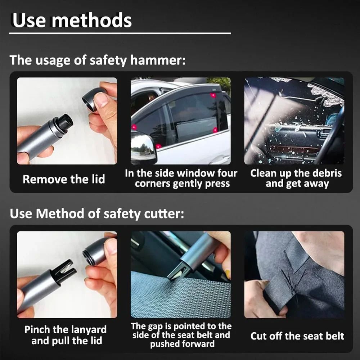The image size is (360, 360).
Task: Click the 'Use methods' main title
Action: click(x=72, y=20)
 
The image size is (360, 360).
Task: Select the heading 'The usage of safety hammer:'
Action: click(x=98, y=60)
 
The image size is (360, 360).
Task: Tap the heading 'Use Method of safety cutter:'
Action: click(x=97, y=213)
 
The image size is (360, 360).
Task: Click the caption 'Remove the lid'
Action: click(x=64, y=179)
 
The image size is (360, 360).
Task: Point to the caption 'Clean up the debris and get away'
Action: click(x=296, y=178)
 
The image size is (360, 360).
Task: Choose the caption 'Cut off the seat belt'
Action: click(x=297, y=336)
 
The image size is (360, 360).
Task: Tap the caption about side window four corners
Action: click(x=181, y=178)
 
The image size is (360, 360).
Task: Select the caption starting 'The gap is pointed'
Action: click(x=181, y=335)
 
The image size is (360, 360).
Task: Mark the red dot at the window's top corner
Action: click(x=213, y=95)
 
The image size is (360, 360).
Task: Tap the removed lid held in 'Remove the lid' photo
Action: click(x=94, y=99)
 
